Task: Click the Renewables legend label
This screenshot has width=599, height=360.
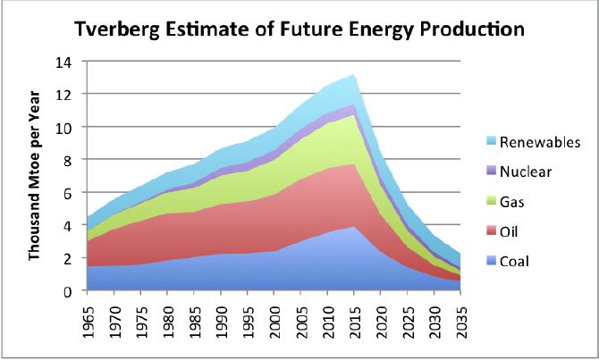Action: coord(540,142)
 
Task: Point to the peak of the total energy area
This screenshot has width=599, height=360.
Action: coord(356,75)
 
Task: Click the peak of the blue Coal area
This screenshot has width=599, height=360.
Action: coord(354,227)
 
